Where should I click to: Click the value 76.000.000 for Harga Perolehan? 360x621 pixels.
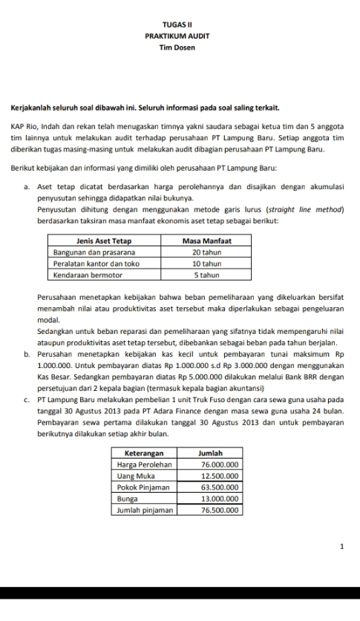point(218,463)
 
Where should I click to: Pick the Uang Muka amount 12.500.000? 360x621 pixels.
point(218,475)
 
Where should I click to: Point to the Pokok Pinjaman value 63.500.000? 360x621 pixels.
point(218,487)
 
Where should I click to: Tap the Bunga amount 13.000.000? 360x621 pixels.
point(218,499)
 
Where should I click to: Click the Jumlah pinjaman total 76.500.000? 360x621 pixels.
point(218,510)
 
